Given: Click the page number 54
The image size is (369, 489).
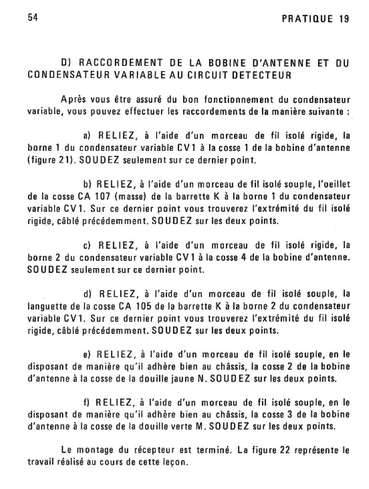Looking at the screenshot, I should pos(32,17).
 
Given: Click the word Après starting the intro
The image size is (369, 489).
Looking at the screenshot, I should pos(74,100).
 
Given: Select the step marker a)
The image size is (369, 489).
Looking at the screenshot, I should pos(89,136).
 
